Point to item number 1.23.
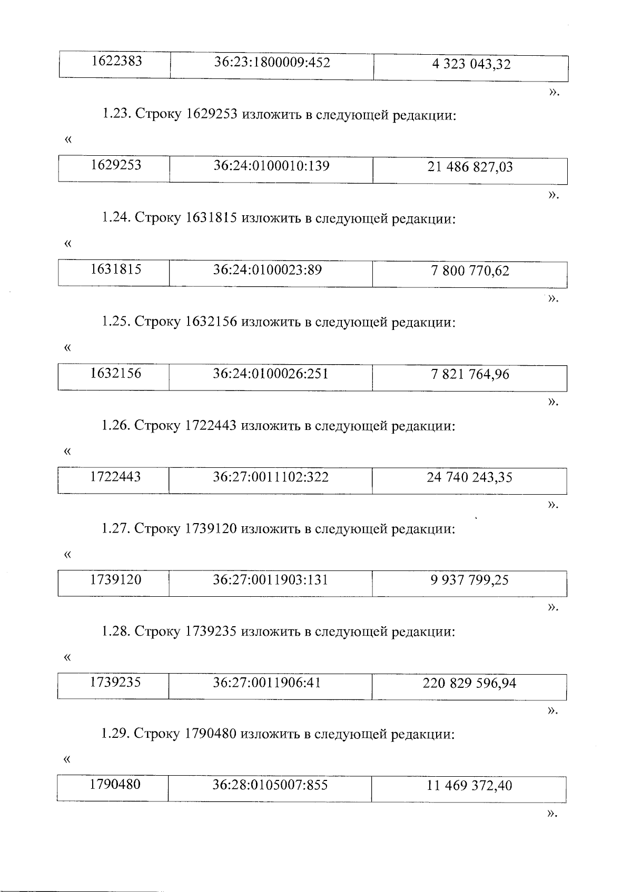tap(116, 114)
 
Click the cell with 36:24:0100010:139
tap(271, 166)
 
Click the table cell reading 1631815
tap(116, 269)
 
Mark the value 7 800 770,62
tap(470, 271)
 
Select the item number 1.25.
tap(116, 322)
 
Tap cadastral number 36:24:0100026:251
tap(270, 374)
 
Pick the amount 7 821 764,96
tap(470, 375)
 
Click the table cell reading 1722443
tap(115, 477)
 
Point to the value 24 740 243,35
tap(469, 478)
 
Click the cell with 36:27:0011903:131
tap(270, 580)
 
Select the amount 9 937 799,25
tap(469, 580)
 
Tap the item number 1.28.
tap(115, 631)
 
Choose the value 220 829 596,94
tap(469, 684)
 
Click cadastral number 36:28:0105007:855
tap(270, 785)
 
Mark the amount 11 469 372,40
tap(469, 786)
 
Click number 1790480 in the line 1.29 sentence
tap(210, 734)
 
